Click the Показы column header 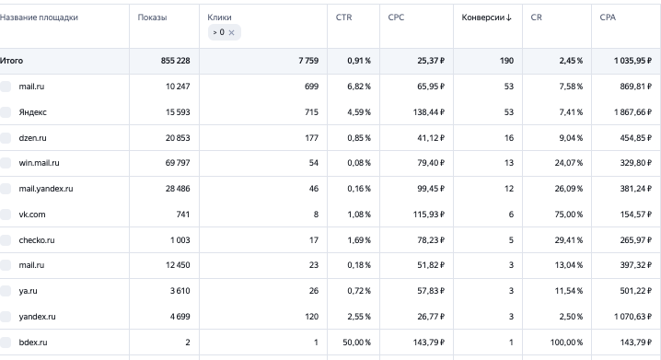click(152, 17)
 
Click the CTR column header click(343, 17)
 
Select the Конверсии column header click(483, 17)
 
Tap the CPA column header click(608, 17)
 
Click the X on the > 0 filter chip click(231, 32)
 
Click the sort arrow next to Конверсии click(509, 17)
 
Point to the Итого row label click(11, 61)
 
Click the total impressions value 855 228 click(175, 61)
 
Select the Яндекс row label click(32, 112)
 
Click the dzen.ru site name click(32, 138)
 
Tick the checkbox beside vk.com click(6, 215)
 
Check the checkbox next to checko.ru click(6, 240)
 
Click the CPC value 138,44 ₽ click(429, 112)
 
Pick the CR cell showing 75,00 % click(569, 215)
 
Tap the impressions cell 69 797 click(178, 163)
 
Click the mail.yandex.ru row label click(45, 189)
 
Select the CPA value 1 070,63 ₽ click(632, 317)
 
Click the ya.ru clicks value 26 click(314, 291)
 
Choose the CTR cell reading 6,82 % click(359, 87)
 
